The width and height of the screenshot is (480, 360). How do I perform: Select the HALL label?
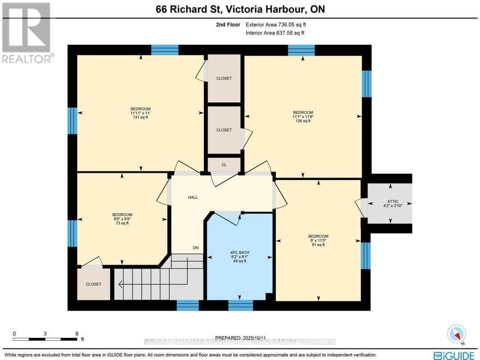[192, 197]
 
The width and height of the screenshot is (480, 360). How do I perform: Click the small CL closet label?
[224, 164]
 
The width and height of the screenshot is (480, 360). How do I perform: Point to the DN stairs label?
[196, 248]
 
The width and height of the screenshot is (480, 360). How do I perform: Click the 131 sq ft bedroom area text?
[140, 117]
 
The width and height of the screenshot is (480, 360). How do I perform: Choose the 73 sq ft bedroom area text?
[122, 223]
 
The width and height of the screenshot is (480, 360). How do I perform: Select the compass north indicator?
[457, 334]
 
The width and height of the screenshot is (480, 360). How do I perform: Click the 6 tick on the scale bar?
[77, 333]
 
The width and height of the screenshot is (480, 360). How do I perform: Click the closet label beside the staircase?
[93, 284]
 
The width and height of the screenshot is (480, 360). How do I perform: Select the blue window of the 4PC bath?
[240, 305]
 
